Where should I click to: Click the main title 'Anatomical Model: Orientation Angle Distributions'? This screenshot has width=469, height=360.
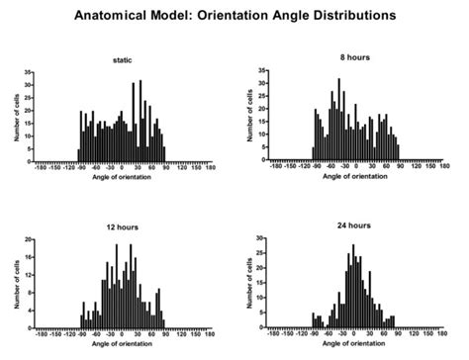click(234, 16)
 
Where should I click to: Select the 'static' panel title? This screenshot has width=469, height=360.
click(122, 61)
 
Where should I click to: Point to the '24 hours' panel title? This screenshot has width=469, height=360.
click(352, 227)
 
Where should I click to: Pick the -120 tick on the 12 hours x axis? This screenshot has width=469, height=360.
click(68, 334)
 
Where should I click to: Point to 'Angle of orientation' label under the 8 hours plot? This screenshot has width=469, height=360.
click(354, 175)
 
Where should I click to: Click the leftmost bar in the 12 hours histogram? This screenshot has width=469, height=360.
click(81, 322)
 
